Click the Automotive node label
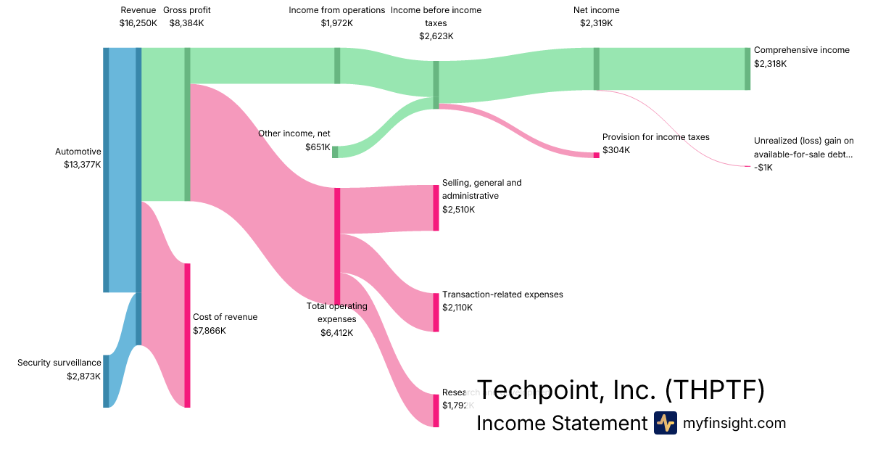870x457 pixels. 78,152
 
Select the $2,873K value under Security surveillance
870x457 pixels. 83,376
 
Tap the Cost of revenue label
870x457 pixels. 225,317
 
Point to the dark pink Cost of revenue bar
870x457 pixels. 187,335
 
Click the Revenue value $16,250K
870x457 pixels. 137,23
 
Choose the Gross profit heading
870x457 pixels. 186,10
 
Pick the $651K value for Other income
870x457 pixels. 318,147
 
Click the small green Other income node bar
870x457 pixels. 335,152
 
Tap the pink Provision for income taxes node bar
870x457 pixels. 597,155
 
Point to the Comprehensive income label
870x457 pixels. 801,51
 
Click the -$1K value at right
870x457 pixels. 763,168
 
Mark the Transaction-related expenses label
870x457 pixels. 502,295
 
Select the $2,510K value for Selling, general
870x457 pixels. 458,210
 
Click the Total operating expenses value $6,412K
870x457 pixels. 336,333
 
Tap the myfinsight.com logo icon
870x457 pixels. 665,423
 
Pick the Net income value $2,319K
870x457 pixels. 596,23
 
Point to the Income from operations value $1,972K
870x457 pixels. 336,23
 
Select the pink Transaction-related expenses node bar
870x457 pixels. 436,313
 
